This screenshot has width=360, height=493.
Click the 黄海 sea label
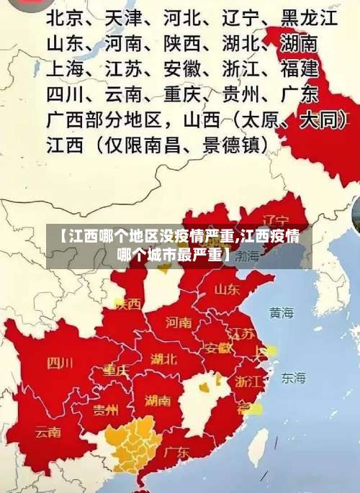point(282,313)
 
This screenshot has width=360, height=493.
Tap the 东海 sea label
point(293,377)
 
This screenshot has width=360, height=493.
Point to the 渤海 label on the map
point(247,255)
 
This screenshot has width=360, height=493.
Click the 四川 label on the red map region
point(60,363)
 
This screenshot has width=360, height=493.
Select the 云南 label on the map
point(48,433)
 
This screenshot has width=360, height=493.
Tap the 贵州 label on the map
point(106,410)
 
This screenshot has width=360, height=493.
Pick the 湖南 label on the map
point(158,401)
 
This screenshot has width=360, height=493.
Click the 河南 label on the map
point(179,322)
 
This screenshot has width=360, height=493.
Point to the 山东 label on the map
point(227,289)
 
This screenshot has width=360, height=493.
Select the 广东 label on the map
point(176,453)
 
